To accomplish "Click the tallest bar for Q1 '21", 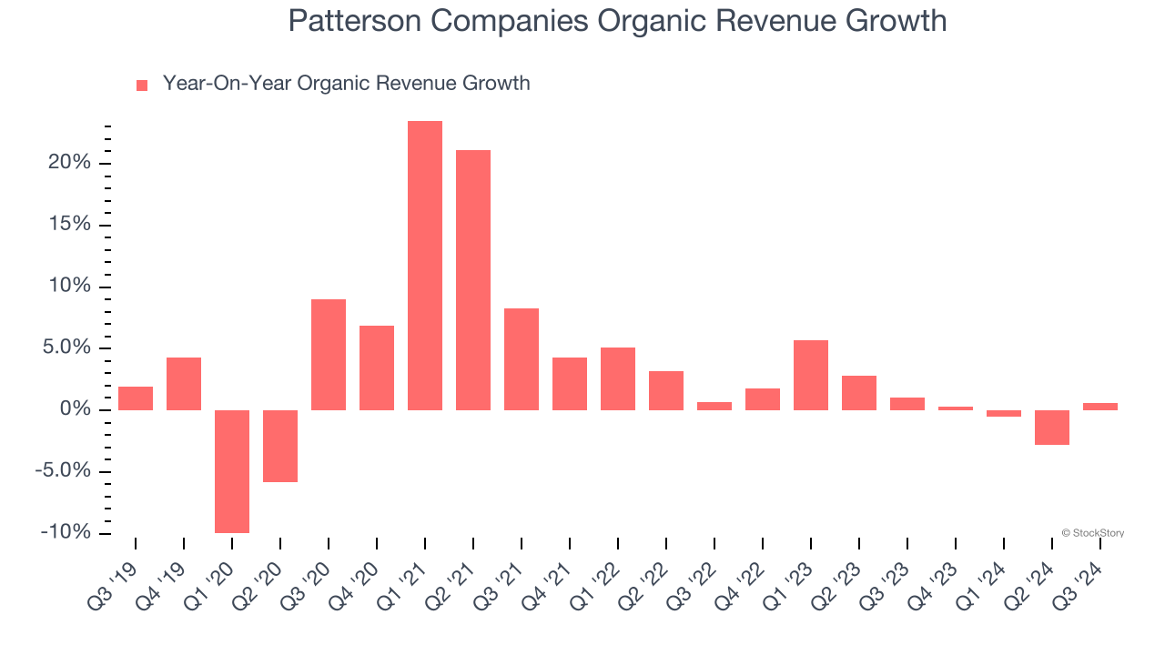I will point(425,265).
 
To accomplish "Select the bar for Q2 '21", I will point(473,279).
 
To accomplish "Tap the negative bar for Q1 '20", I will point(232,471).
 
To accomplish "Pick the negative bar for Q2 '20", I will point(280,446).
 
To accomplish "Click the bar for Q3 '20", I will point(329,354).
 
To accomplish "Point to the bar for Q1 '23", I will point(811,375).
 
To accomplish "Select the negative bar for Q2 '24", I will point(1052,427).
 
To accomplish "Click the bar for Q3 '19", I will point(136,398).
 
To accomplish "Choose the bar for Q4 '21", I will point(570,383).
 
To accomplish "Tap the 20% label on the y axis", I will point(69,163).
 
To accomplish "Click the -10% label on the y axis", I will point(66,532).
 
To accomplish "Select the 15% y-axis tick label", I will point(69,225).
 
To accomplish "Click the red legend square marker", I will point(142,86).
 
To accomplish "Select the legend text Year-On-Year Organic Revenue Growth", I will point(346,84).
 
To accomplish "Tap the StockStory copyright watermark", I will point(1092,533).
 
